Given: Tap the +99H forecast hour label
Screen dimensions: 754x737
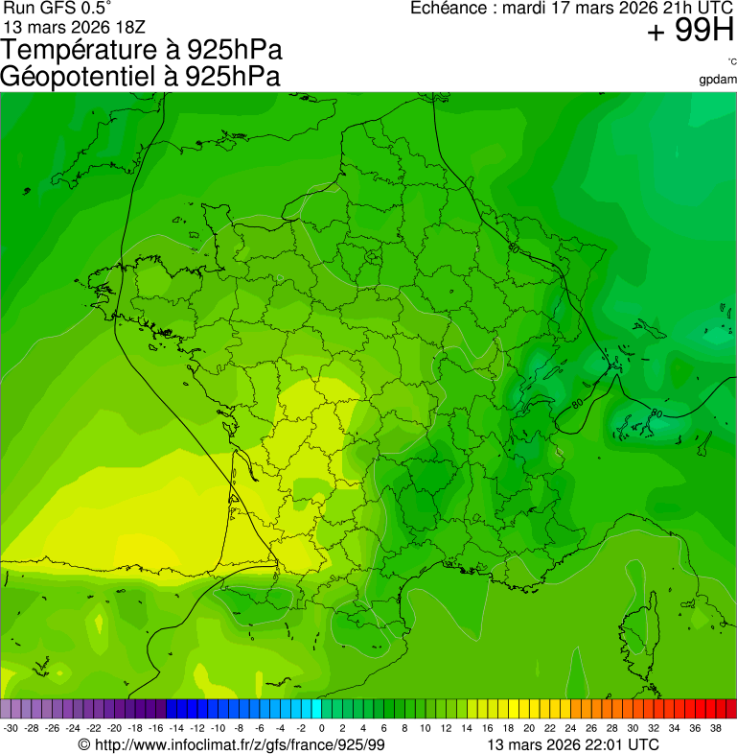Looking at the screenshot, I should pyautogui.click(x=690, y=32).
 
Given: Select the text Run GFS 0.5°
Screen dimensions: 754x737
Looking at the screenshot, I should pyautogui.click(x=49, y=8).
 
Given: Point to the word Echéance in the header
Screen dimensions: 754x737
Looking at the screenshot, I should pyautogui.click(x=449, y=9).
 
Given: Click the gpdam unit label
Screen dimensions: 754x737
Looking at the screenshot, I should pyautogui.click(x=719, y=79).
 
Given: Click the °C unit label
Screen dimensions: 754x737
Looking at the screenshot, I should pyautogui.click(x=731, y=62).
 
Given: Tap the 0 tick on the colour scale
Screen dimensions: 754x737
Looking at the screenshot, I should pyautogui.click(x=321, y=728).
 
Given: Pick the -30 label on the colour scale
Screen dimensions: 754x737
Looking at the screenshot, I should pyautogui.click(x=11, y=728).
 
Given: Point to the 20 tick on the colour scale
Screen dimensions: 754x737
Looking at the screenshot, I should pyautogui.click(x=528, y=728).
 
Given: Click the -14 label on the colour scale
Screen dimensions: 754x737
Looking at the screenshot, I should pyautogui.click(x=175, y=728).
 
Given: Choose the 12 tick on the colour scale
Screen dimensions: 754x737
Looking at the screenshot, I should pyautogui.click(x=446, y=728).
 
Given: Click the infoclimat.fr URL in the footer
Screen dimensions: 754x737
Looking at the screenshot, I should pyautogui.click(x=240, y=744).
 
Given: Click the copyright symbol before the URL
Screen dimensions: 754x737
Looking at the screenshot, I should pyautogui.click(x=84, y=744).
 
